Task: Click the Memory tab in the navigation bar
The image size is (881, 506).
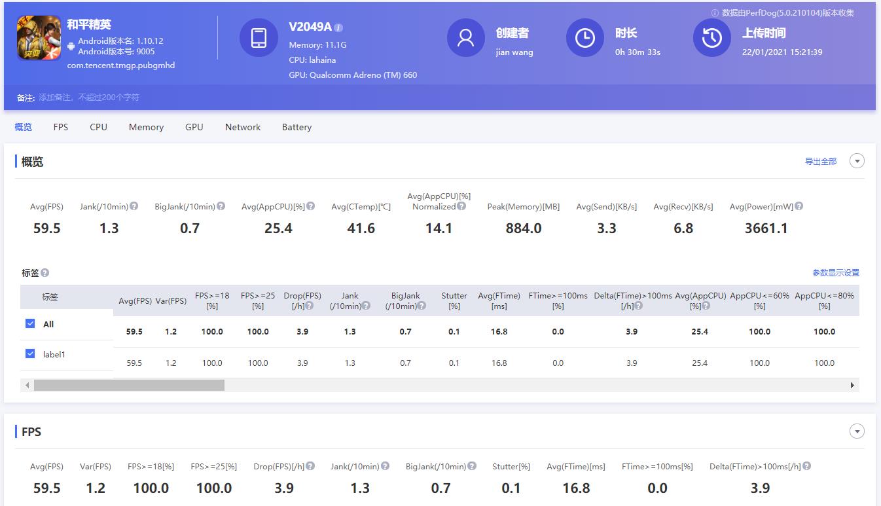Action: point(146,127)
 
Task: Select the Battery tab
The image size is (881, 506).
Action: point(297,127)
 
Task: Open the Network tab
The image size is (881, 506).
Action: point(243,127)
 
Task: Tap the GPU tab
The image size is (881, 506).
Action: point(194,127)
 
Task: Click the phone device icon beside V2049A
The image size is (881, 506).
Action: point(259,37)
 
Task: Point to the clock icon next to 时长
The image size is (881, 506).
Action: point(584,37)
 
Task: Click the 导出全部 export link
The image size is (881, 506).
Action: point(821,162)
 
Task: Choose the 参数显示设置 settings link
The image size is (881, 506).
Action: point(836,273)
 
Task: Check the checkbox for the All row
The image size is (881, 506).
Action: point(30,323)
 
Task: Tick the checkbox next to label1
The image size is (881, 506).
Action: point(30,353)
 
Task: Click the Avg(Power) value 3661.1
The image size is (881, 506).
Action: point(766,228)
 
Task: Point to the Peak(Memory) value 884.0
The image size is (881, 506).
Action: point(523,228)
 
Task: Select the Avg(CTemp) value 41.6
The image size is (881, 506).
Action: point(361,228)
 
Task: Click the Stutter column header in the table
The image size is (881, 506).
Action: point(454,300)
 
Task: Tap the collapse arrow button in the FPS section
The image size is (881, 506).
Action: point(857,431)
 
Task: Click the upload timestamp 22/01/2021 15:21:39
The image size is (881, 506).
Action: point(782,52)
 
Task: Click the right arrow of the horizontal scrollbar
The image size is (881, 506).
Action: point(852,386)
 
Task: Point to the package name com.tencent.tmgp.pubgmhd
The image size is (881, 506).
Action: point(121,65)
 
